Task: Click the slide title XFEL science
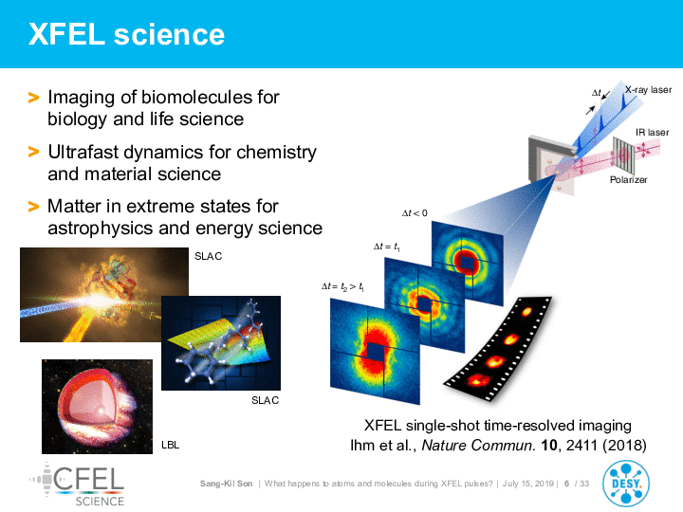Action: [126, 34]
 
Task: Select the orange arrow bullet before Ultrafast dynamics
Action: [33, 152]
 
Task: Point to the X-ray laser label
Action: [648, 90]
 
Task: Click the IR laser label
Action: [652, 133]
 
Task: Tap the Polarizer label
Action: [628, 180]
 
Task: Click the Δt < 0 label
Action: [415, 213]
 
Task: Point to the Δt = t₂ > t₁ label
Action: [342, 287]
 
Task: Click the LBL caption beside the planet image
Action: [171, 445]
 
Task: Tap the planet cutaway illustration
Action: [97, 407]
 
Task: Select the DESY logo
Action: [626, 484]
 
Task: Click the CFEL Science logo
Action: [78, 485]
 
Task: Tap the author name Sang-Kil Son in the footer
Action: [226, 484]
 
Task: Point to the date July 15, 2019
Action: [528, 484]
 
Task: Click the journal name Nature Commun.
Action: [478, 446]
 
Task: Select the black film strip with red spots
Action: [497, 348]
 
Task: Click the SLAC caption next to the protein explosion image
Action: [208, 256]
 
